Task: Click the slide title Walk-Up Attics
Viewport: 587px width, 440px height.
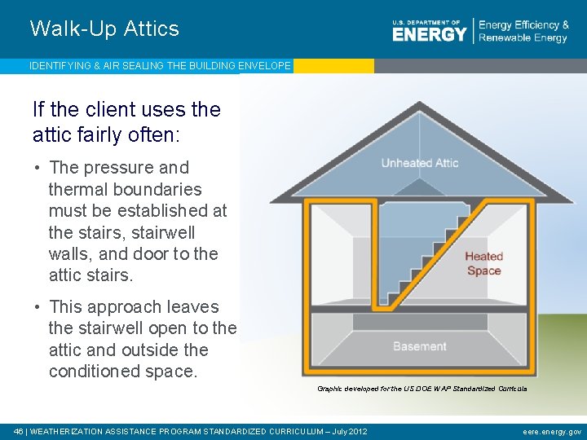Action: tap(104, 29)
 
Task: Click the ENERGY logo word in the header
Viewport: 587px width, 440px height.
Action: tap(429, 34)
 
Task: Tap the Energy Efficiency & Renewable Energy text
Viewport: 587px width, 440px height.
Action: tap(523, 32)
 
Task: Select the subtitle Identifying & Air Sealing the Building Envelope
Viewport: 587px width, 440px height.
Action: tap(160, 66)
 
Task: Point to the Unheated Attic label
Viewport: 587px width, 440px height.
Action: tap(419, 163)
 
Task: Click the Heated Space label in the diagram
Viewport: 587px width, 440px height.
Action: tap(483, 263)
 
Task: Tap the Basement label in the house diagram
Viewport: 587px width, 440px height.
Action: tap(419, 346)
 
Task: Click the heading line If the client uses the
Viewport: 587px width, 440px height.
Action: tap(126, 109)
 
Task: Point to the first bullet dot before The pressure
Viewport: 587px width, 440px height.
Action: tap(38, 168)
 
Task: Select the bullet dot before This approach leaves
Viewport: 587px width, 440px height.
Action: tap(38, 307)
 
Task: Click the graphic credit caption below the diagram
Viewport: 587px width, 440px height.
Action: tap(421, 389)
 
